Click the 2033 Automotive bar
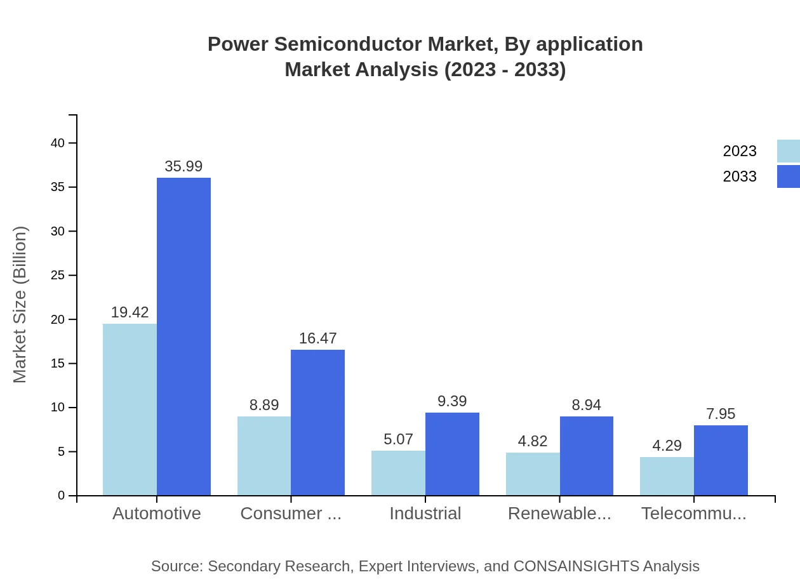[x=183, y=336]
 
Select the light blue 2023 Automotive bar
[x=130, y=409]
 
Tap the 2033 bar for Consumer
[x=317, y=422]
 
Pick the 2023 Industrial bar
[x=398, y=473]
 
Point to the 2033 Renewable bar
[x=587, y=456]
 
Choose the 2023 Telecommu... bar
[x=667, y=476]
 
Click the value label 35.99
[x=183, y=166]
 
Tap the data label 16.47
[x=317, y=338]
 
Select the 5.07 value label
[x=398, y=439]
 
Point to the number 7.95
[x=721, y=414]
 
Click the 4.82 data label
[x=533, y=441]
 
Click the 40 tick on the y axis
[x=58, y=143]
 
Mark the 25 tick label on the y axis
[x=58, y=275]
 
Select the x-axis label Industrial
[x=425, y=514]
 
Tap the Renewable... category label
[x=559, y=514]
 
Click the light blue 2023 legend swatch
[x=789, y=151]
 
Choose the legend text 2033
[x=740, y=176]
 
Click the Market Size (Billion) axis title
[x=20, y=305]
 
